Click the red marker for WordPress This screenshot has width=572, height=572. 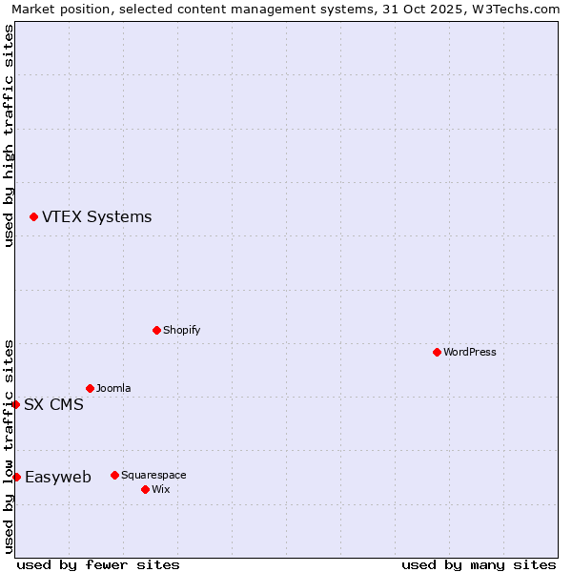click(437, 352)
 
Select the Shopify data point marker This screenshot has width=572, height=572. click(156, 330)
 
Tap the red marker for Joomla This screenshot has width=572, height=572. click(90, 388)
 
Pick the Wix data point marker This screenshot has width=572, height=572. click(145, 489)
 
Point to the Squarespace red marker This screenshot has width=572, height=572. click(114, 475)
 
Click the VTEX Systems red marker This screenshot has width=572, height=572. click(33, 216)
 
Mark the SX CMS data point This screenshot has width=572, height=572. click(15, 404)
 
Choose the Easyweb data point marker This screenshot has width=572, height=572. click(16, 477)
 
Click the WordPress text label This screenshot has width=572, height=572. click(470, 352)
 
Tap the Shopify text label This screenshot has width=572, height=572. click(181, 330)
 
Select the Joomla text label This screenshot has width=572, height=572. click(113, 388)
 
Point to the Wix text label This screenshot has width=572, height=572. click(160, 489)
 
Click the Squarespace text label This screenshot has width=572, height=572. click(153, 475)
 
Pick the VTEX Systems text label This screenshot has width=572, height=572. click(96, 216)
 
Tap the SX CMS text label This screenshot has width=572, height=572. click(53, 404)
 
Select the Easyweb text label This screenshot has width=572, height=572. click(58, 477)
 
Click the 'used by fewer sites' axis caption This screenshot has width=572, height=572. click(98, 564)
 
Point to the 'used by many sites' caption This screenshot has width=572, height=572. click(479, 564)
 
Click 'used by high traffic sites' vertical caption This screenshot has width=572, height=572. click(9, 135)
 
